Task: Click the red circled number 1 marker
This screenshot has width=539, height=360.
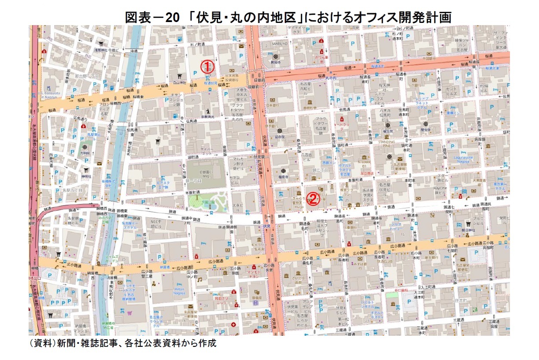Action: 207,66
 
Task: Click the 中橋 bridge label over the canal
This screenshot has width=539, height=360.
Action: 134,51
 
